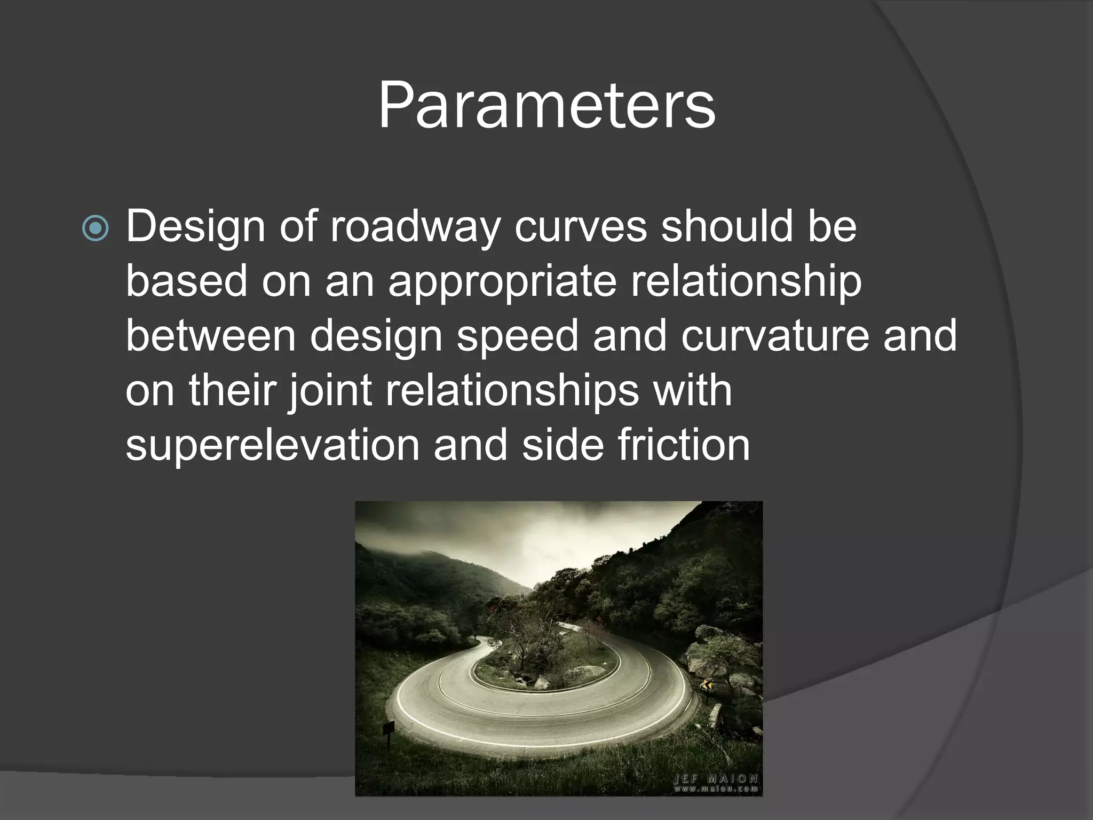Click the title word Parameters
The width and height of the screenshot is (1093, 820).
[x=546, y=106]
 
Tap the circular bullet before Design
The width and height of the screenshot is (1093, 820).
[x=96, y=229]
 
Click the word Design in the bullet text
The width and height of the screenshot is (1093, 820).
[x=195, y=227]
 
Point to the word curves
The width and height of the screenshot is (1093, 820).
[x=580, y=227]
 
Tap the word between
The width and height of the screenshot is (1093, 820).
[x=210, y=336]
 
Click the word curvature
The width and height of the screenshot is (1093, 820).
[x=775, y=336]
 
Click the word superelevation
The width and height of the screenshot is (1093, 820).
[x=272, y=446]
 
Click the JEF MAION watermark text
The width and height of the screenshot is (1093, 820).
[x=715, y=778]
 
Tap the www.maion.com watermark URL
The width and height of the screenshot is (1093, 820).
[x=715, y=789]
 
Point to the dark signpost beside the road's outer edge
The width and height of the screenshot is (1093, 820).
[x=389, y=730]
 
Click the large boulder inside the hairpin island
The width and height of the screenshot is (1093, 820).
[x=584, y=674]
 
